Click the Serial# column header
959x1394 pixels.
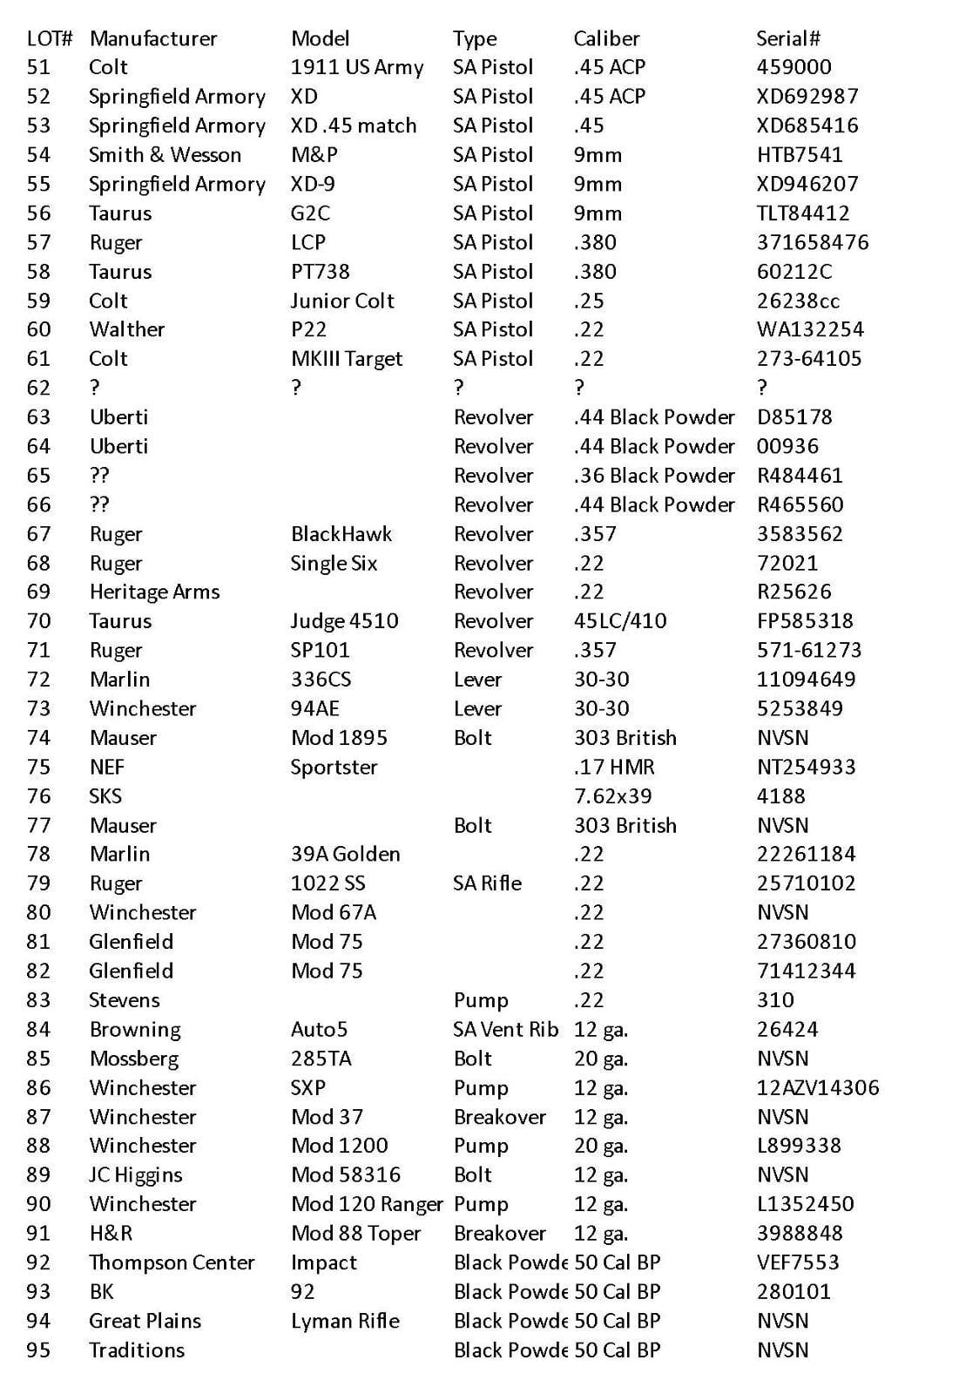787,38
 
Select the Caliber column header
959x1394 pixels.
606,38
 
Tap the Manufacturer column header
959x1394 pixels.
153,38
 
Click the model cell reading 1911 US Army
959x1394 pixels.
357,67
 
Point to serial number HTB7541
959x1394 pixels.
800,155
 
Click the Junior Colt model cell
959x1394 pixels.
342,301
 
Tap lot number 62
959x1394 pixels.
39,388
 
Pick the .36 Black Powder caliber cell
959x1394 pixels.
654,476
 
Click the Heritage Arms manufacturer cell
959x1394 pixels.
154,592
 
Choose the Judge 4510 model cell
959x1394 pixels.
345,621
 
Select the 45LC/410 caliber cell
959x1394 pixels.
620,621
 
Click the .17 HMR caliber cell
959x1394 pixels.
614,767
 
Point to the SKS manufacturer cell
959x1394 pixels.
105,796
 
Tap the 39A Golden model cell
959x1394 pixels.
346,854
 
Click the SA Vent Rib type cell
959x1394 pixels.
506,1029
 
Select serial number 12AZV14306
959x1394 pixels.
818,1087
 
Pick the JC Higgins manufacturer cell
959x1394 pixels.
136,1174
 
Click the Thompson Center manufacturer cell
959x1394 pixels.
172,1262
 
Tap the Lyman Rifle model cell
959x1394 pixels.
345,1321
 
